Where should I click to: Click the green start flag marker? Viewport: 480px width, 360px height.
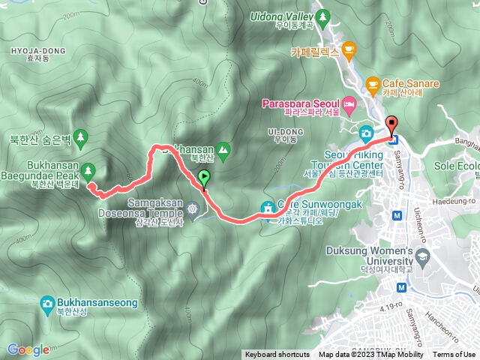tap(204, 178)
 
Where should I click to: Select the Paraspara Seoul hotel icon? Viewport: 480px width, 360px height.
tap(349, 102)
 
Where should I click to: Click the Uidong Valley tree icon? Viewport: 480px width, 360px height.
tap(323, 15)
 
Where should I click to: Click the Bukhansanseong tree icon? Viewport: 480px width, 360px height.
tap(46, 284)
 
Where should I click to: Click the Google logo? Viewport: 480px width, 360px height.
tap(28, 349)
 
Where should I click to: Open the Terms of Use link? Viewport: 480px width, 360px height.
tap(454, 355)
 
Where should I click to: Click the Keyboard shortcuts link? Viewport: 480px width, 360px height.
tap(277, 355)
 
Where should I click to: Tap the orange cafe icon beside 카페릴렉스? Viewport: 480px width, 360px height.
tap(348, 50)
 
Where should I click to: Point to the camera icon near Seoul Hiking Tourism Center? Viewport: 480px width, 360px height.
tap(367, 133)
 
